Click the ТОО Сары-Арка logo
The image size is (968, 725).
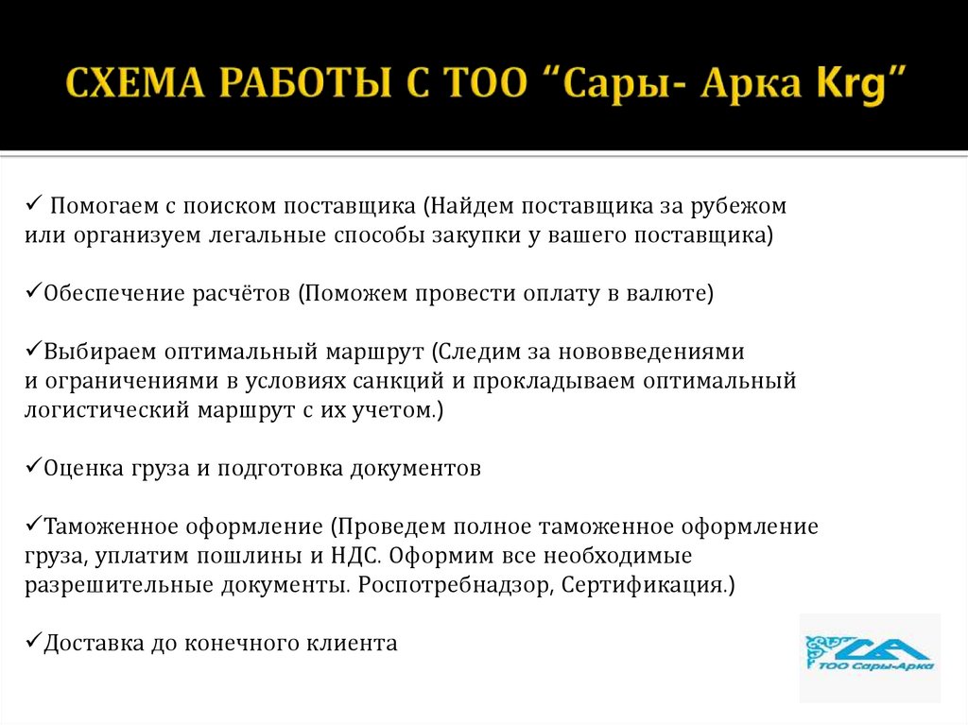870,655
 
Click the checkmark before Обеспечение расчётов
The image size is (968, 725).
32,293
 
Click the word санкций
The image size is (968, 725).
417,381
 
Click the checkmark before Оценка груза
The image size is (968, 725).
32,468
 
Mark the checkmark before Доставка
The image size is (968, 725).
32,643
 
